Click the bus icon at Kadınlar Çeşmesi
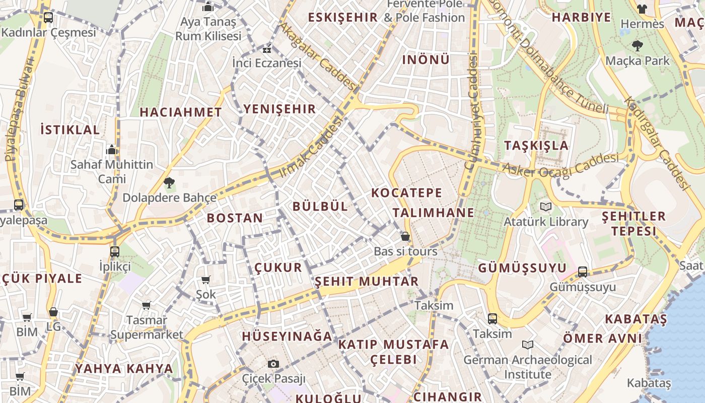[x=48, y=18]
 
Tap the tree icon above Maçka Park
[x=637, y=46]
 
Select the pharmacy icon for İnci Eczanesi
[x=267, y=49]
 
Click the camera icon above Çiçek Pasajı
[x=273, y=364]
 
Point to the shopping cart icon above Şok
[x=205, y=280]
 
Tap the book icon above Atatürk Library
[x=545, y=207]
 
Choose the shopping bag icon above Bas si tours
[x=405, y=236]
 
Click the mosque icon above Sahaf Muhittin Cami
[x=111, y=150]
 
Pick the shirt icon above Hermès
[x=642, y=9]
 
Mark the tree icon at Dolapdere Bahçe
[x=169, y=182]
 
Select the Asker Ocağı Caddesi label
[x=560, y=164]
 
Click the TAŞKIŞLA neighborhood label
[x=536, y=146]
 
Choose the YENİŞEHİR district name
[x=279, y=109]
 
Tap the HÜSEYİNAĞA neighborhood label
[x=287, y=336]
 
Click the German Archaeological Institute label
[x=527, y=367]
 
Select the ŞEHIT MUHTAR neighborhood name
[x=367, y=281]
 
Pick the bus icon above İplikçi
[x=115, y=251]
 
